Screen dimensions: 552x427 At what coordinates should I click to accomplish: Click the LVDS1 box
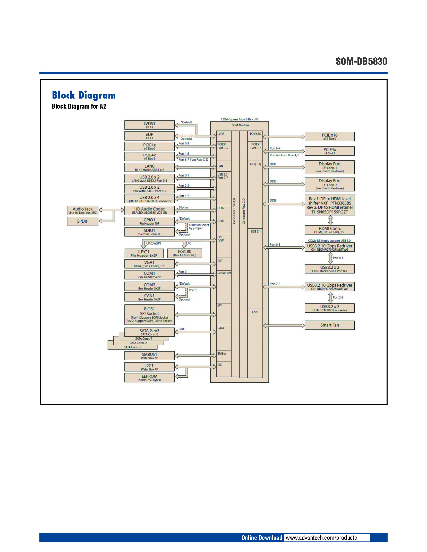(x=149, y=125)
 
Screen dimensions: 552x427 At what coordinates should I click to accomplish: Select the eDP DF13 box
(x=149, y=136)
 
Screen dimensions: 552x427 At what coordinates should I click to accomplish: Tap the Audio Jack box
(x=82, y=211)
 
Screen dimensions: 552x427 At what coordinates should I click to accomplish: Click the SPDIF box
(x=82, y=221)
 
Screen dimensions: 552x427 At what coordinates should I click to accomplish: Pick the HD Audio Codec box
(x=149, y=211)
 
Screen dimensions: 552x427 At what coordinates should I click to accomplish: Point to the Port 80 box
(x=184, y=253)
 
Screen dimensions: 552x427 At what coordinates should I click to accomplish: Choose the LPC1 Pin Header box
(x=144, y=253)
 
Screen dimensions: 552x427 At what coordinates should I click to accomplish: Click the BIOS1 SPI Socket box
(x=149, y=314)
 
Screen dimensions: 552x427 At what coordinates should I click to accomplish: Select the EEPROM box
(x=149, y=378)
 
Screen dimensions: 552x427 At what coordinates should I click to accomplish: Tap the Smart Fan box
(x=329, y=325)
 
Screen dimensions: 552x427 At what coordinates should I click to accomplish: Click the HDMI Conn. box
(x=329, y=230)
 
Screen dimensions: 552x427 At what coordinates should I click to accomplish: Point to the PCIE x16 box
(x=329, y=136)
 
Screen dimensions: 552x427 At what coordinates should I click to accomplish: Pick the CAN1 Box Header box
(x=149, y=297)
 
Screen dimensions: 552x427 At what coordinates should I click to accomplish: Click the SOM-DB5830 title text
(x=361, y=62)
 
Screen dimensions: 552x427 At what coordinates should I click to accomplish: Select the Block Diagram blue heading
(x=84, y=95)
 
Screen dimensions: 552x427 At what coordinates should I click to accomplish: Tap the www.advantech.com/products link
(x=321, y=538)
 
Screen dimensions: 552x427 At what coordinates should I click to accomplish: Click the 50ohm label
(x=183, y=207)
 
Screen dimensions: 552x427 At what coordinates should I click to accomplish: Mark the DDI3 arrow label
(x=273, y=200)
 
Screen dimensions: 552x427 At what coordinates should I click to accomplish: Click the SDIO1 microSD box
(x=149, y=232)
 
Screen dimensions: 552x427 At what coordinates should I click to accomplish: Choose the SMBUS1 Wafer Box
(x=149, y=356)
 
